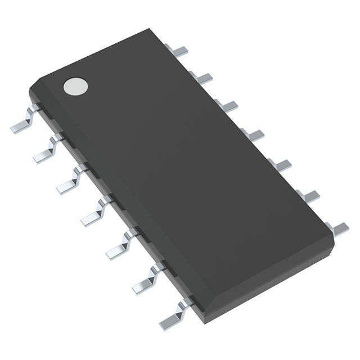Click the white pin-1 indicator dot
pos(76,86)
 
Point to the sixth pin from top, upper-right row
pos(309,195)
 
